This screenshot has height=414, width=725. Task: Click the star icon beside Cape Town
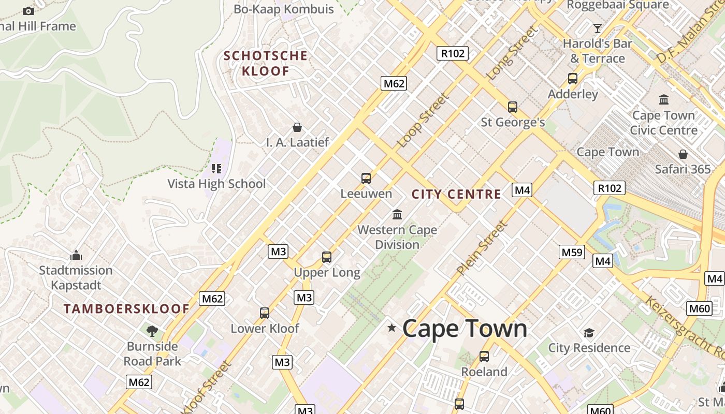pos(392,328)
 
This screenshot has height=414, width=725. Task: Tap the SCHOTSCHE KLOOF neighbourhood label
pos(265,63)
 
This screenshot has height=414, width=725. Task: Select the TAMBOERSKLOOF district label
pos(126,309)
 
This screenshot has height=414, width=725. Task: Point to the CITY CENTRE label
pos(456,194)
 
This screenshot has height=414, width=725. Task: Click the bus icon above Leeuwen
pos(366,179)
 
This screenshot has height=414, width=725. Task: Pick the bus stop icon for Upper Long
pos(327,257)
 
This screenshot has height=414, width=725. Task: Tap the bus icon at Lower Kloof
pos(265,313)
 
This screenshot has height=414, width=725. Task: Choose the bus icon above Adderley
pos(573,79)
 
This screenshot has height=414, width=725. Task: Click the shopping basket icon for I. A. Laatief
pos(297,127)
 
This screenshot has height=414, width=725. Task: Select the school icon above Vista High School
pos(216,168)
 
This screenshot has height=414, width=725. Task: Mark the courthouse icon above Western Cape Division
pos(397,214)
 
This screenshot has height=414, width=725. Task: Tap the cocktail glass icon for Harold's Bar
pos(598,28)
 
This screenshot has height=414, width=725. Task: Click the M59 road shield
pos(572,252)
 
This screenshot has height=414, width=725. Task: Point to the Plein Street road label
pos(482,247)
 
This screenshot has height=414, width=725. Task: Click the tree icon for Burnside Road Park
pos(152,331)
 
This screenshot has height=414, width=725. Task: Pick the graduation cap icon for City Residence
pos(589,332)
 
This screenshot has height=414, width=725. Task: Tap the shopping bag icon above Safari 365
pos(683,154)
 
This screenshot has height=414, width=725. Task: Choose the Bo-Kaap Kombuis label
pos(283,9)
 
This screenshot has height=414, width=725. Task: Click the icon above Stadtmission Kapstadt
pos(76,255)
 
